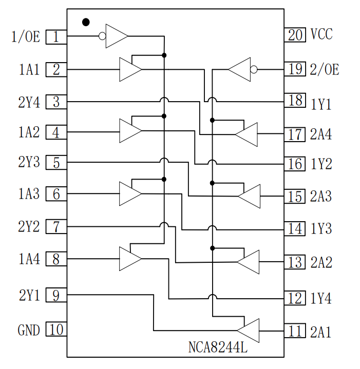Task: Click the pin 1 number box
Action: [56, 37]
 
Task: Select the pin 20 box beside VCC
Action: [295, 34]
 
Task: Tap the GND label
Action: [28, 329]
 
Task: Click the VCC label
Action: [321, 34]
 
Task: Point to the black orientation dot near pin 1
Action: [86, 22]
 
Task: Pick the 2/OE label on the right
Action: [325, 69]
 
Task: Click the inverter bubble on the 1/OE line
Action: [102, 36]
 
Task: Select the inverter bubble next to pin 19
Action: [253, 69]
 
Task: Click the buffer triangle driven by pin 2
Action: [129, 69]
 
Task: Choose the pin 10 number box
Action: [56, 329]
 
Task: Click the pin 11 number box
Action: [295, 331]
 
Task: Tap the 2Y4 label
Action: [29, 102]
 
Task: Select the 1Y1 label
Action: [321, 104]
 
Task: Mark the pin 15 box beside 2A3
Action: [295, 196]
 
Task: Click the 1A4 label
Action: [29, 259]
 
